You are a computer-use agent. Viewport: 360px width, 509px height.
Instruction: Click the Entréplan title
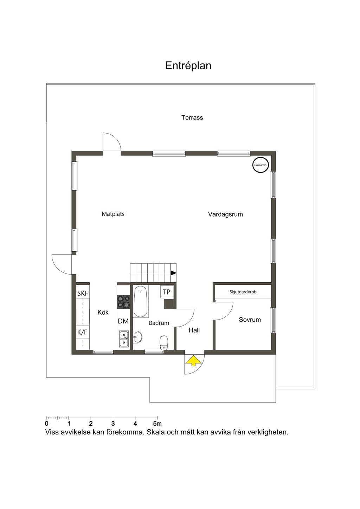(x=188, y=66)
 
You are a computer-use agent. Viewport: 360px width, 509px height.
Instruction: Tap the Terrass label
(x=192, y=117)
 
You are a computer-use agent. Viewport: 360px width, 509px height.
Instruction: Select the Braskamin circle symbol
(x=261, y=165)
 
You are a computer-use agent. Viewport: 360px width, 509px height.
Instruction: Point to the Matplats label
(x=113, y=214)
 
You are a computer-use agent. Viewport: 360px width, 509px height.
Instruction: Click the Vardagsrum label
(x=225, y=214)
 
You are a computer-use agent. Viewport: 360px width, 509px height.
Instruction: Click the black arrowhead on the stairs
(x=174, y=273)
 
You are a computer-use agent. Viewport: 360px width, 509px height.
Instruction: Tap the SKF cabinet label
(x=83, y=294)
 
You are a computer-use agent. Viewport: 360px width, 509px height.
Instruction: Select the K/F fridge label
(x=82, y=332)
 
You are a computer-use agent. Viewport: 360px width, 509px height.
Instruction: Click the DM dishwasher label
(x=123, y=321)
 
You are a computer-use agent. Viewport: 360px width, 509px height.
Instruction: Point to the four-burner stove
(x=123, y=302)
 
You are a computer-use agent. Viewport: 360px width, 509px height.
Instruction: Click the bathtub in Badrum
(x=141, y=301)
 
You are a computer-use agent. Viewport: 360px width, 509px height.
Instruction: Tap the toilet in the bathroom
(x=164, y=342)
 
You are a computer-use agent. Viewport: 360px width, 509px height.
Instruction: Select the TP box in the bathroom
(x=167, y=292)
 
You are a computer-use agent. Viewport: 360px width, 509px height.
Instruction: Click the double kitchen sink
(x=124, y=339)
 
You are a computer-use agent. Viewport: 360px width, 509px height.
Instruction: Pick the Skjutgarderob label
(x=243, y=292)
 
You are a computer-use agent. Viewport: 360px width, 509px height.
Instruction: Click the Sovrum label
(x=250, y=320)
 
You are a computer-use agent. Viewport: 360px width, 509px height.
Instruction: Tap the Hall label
(x=194, y=330)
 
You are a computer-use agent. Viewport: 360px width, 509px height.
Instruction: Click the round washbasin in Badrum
(x=137, y=337)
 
